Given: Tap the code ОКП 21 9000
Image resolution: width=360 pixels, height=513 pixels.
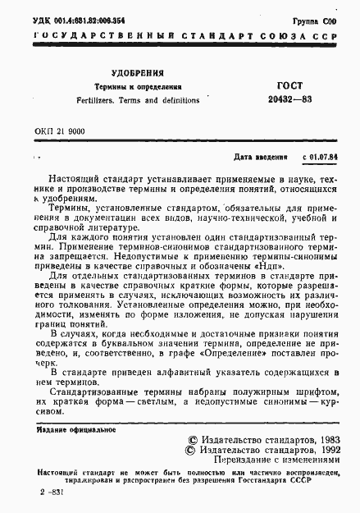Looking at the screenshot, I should (61, 131).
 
